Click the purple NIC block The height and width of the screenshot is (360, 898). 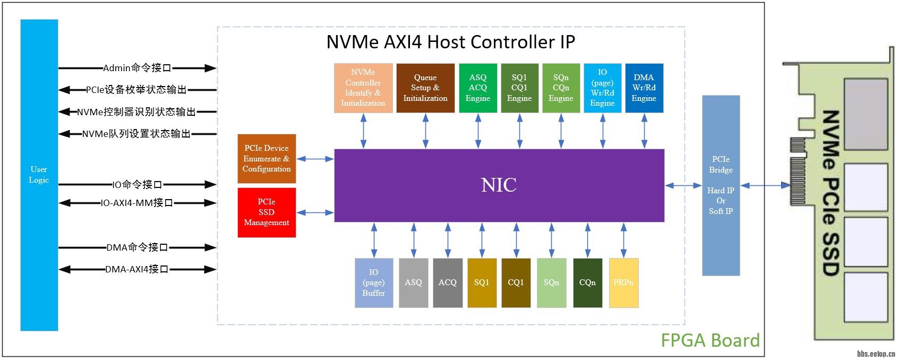click(499, 185)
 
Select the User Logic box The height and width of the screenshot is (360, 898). click(39, 175)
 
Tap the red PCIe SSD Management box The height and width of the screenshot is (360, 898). click(267, 212)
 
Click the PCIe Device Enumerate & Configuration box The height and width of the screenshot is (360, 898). click(267, 158)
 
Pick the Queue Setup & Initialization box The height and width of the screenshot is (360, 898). click(425, 88)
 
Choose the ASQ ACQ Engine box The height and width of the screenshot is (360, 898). click(478, 88)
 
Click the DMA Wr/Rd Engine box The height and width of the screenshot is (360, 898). click(644, 88)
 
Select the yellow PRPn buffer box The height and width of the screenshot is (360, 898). click(623, 282)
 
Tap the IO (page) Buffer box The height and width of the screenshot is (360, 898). click(374, 282)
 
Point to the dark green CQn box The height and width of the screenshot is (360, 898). click(587, 282)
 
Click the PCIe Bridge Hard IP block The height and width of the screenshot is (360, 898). click(721, 185)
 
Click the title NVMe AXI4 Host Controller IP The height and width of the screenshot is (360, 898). click(450, 42)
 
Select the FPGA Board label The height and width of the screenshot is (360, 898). click(710, 340)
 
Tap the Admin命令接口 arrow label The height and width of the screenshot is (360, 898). click(137, 68)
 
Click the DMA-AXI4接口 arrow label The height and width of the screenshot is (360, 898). click(136, 269)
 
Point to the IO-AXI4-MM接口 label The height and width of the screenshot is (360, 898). click(136, 203)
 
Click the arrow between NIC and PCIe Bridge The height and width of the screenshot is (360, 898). click(683, 185)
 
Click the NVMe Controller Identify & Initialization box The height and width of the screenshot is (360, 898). click(363, 88)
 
